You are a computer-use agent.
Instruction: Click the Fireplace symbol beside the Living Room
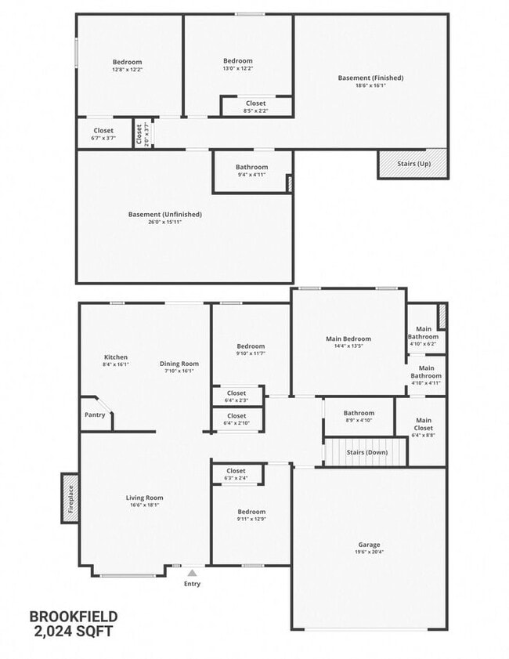70,498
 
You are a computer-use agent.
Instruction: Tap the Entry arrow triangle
192,573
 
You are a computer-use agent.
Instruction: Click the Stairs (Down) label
366,452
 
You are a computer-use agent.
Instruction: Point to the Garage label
370,545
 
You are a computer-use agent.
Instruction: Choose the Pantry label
93,415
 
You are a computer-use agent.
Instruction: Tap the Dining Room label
179,364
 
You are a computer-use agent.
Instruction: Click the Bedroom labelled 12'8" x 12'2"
128,62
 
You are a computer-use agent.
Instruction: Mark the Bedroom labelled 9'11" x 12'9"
251,512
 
